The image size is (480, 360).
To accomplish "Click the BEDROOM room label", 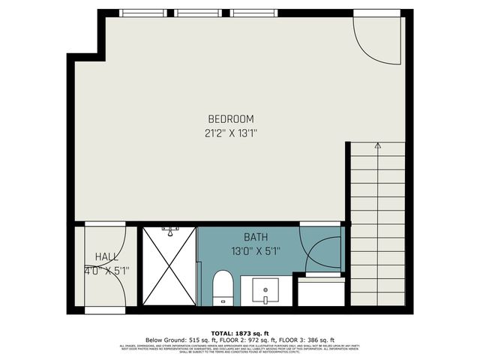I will coord(230,118).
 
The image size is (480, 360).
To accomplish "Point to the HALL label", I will coord(106,256).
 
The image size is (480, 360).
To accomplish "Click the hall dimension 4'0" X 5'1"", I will coord(106,271).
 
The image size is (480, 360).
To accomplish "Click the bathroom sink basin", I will coord(265,289).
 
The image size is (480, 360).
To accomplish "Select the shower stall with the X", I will coord(169,265).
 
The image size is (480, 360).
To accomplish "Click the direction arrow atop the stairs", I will coord(377,145).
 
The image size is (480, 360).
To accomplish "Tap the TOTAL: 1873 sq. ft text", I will coord(239,331).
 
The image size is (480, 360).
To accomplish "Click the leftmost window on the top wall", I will coord(144,13).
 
